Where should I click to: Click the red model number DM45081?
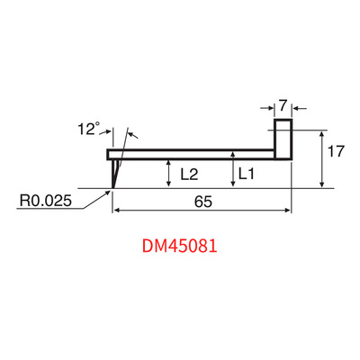point(179,247)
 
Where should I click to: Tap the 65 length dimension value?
point(203,202)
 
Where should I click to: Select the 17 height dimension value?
point(336,151)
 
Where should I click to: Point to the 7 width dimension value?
point(283,106)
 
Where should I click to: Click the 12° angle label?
point(88,129)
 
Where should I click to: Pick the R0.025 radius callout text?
point(46,201)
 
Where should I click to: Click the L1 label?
point(247,174)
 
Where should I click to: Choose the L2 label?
point(189,174)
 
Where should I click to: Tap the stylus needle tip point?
point(112,188)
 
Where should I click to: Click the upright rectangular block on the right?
point(283,139)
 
